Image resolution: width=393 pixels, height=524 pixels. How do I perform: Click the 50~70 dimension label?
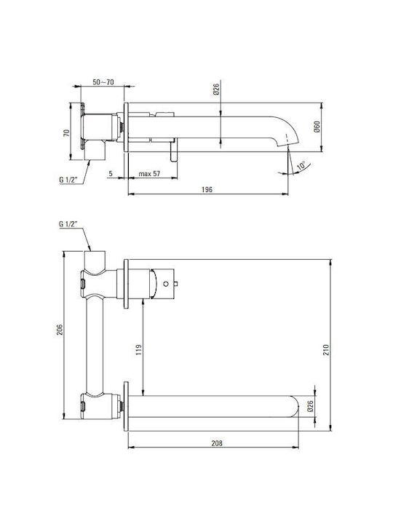pyautogui.click(x=103, y=82)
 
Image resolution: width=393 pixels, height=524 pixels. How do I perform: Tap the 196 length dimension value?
pyautogui.click(x=207, y=189)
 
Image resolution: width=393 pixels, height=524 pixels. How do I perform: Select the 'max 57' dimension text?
pyautogui.click(x=149, y=174)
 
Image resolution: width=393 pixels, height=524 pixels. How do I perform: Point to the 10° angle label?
pyautogui.click(x=301, y=166)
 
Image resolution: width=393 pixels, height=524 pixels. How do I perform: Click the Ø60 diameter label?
pyautogui.click(x=317, y=127)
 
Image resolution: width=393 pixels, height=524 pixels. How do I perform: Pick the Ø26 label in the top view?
pyautogui.click(x=216, y=90)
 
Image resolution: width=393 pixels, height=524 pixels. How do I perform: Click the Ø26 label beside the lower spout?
pyautogui.click(x=310, y=406)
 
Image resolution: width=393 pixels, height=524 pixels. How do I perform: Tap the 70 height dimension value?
pyautogui.click(x=66, y=132)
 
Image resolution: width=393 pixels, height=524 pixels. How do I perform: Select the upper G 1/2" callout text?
pyautogui.click(x=68, y=180)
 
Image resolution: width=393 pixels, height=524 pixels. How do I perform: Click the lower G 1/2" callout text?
pyautogui.click(x=68, y=224)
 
